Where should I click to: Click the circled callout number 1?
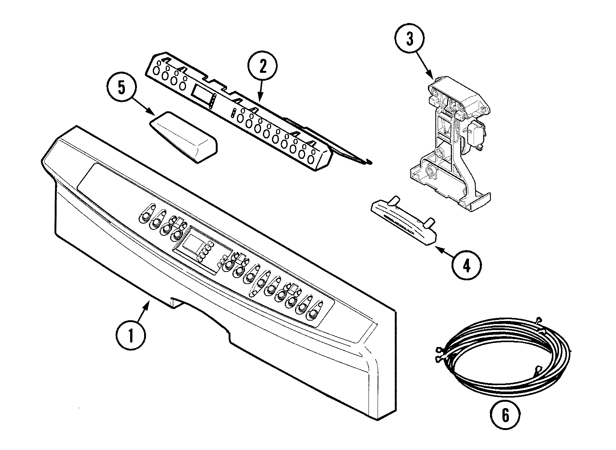131,335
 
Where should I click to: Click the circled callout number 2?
263,68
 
